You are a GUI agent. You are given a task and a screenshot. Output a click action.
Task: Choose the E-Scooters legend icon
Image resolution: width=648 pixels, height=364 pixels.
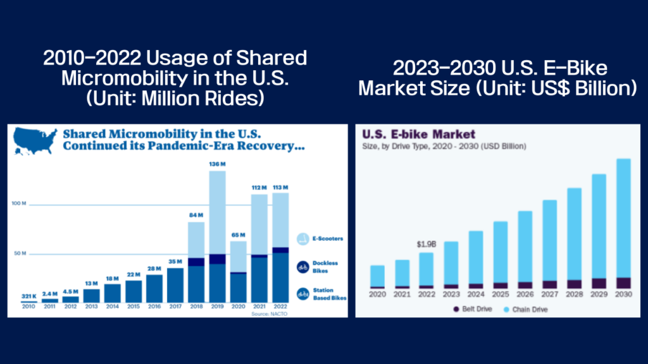[x=303, y=239]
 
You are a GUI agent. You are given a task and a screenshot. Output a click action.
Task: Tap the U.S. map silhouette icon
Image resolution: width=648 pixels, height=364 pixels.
[x=34, y=140]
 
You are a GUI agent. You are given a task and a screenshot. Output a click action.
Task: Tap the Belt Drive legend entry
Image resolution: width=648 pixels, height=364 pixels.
[x=474, y=309]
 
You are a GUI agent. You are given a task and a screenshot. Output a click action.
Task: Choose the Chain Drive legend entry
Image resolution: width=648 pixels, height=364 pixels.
[x=525, y=309]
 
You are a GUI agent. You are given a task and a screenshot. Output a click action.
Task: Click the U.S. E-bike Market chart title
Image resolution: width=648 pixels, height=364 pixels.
[x=418, y=135]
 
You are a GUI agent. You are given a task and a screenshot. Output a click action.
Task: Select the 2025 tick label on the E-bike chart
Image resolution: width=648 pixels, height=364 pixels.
[x=500, y=294]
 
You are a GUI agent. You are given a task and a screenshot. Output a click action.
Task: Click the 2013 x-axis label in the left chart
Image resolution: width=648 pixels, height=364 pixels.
[x=92, y=308]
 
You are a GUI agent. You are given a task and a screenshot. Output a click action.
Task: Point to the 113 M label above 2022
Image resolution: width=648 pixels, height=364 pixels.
[x=280, y=187]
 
